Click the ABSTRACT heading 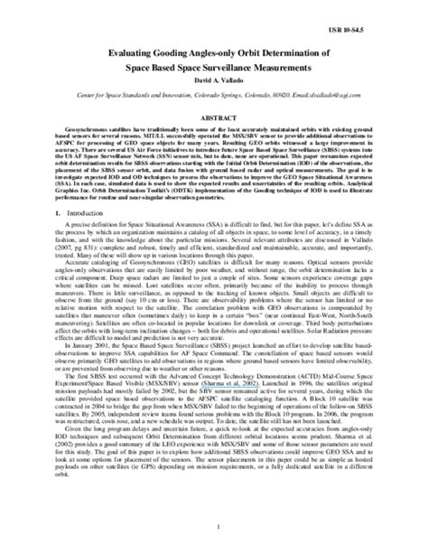[214, 118]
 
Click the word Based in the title [142, 68]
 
